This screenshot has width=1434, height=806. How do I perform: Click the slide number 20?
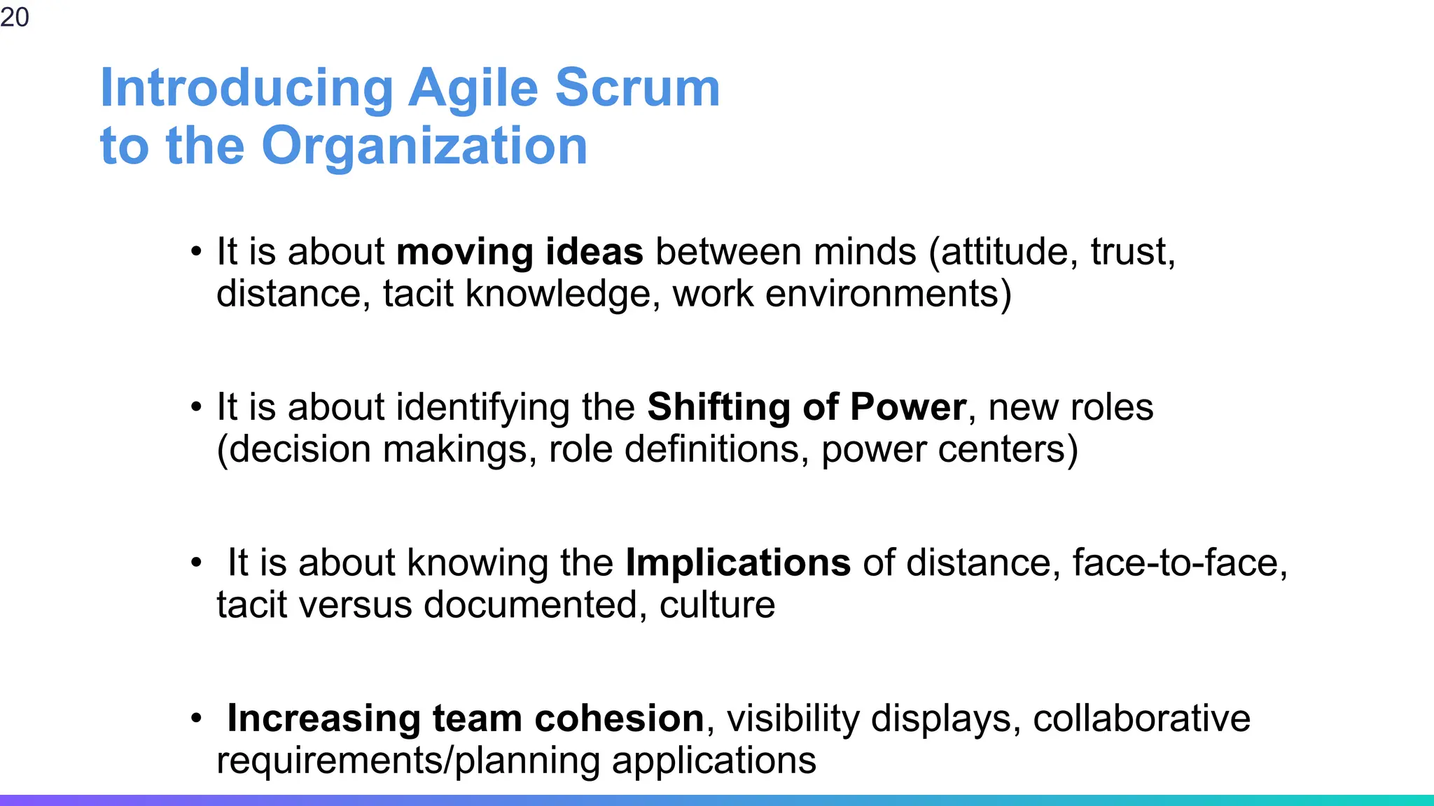[15, 17]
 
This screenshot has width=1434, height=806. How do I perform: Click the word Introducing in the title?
[247, 88]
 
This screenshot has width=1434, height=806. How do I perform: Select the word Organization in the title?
[424, 146]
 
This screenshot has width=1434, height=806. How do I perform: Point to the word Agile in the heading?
[473, 90]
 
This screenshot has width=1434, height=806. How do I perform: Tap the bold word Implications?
[738, 563]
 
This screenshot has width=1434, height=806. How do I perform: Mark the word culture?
[717, 605]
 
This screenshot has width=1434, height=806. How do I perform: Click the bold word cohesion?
[619, 719]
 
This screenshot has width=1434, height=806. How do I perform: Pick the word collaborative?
[1141, 719]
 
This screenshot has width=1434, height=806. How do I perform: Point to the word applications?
[713, 761]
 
